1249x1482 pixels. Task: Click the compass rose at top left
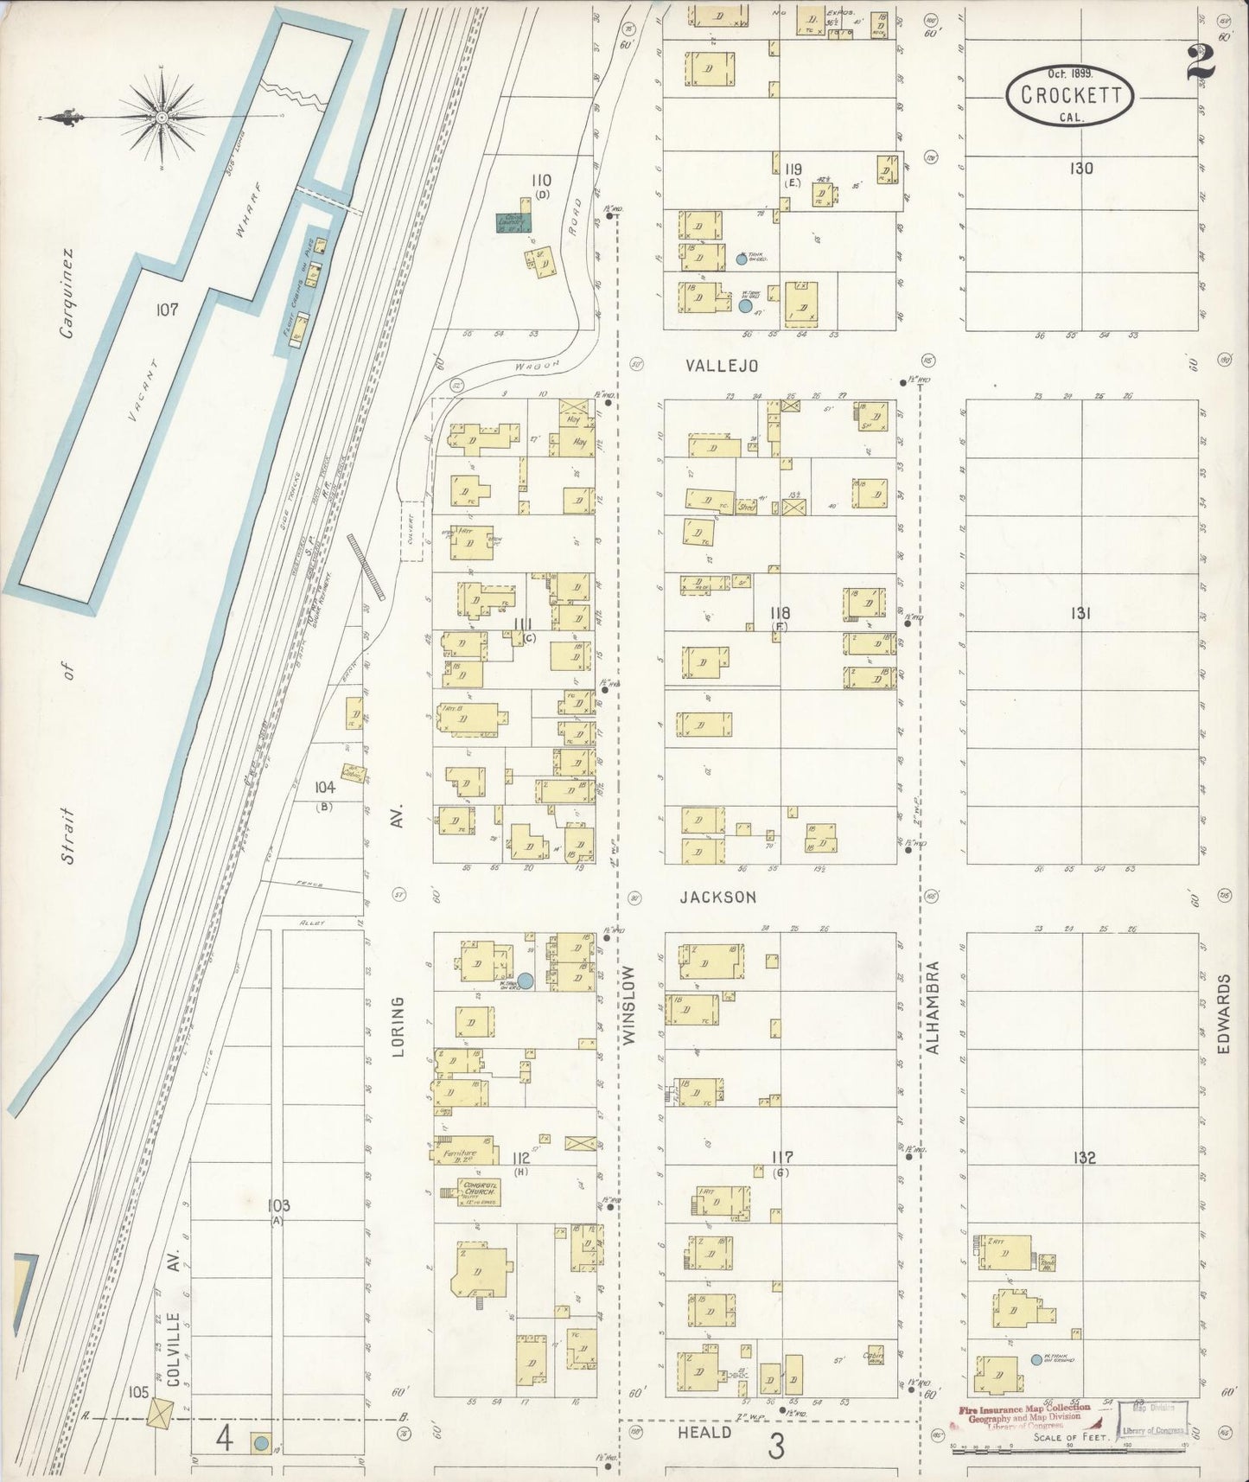click(x=162, y=116)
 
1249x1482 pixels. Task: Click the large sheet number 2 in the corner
click(x=1205, y=56)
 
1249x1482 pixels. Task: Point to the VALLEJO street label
click(x=722, y=366)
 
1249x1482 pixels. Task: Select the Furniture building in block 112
click(x=464, y=1150)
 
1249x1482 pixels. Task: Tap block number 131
click(x=1081, y=613)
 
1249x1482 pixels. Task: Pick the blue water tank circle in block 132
click(x=1036, y=1360)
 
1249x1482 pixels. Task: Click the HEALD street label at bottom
click(x=710, y=1432)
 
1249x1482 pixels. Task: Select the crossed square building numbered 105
click(x=160, y=1414)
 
